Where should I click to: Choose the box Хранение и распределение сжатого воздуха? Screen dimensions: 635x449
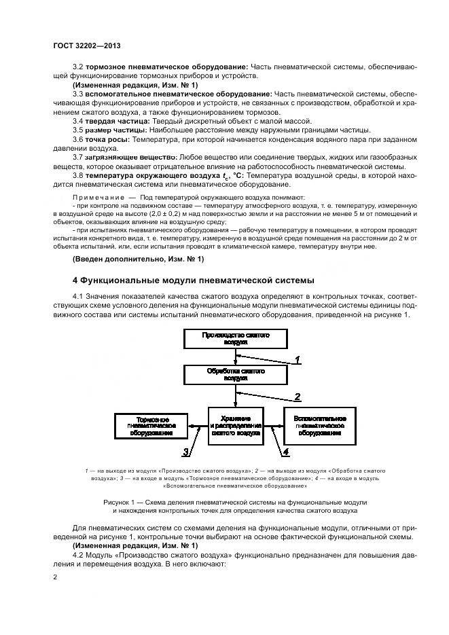click(x=235, y=424)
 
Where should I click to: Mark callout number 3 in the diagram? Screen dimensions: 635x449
click(x=185, y=451)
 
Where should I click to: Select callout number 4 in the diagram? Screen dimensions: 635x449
click(x=286, y=450)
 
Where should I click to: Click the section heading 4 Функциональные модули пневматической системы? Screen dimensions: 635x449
click(x=194, y=279)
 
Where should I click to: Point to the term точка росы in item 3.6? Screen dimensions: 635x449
click(x=109, y=139)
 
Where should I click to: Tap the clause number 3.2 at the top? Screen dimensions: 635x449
click(x=77, y=67)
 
